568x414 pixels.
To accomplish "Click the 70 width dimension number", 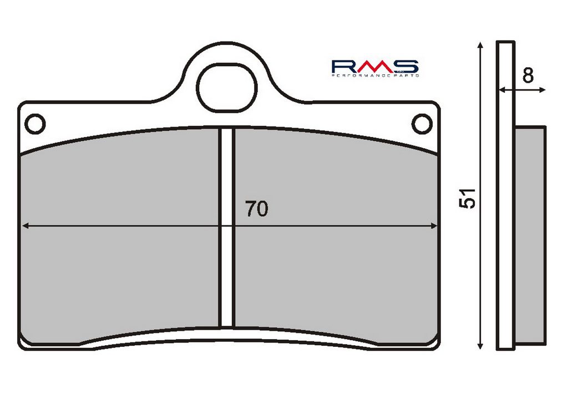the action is pyautogui.click(x=256, y=209).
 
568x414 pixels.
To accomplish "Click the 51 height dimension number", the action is pyautogui.click(x=467, y=198).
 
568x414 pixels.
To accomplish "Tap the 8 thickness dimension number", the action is pyautogui.click(x=528, y=75).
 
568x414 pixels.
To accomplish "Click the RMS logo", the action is pyautogui.click(x=376, y=68).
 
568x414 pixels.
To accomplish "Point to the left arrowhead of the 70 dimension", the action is pyautogui.click(x=26, y=226).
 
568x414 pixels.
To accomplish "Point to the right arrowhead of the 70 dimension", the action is pyautogui.click(x=434, y=226).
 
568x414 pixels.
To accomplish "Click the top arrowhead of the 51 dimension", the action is pyautogui.click(x=480, y=46).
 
